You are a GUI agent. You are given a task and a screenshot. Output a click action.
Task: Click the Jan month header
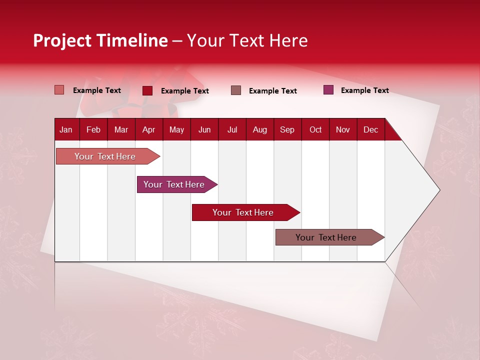tap(66, 129)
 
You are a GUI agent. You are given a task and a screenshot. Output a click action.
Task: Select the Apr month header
tap(148, 129)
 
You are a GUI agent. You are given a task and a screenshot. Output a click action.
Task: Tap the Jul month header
tap(232, 129)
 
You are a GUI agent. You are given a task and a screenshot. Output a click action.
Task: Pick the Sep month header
tap(287, 129)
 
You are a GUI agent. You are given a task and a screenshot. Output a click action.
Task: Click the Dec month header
tap(370, 129)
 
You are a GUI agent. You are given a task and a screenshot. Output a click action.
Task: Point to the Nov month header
tap(342, 129)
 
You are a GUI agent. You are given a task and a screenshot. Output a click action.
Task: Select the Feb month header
tap(93, 129)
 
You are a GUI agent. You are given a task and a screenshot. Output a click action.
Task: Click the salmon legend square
tap(59, 90)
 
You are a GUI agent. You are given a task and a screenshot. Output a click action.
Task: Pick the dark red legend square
tap(147, 90)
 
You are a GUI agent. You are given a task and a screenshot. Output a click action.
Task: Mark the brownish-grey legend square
tap(236, 90)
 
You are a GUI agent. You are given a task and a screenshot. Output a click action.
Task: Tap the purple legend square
tap(328, 90)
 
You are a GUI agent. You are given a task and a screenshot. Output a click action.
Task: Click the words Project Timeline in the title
tap(100, 40)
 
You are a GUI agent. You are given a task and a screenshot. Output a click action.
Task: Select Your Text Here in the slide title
tap(247, 40)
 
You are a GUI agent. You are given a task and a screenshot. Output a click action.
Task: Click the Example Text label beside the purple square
tap(364, 90)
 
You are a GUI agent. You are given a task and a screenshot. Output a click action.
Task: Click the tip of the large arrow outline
tap(438, 190)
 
